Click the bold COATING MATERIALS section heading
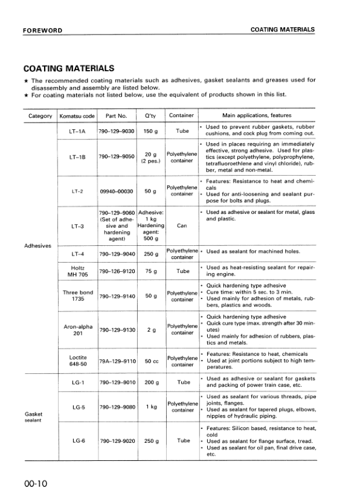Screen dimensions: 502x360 point(67,69)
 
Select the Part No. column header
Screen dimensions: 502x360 point(116,115)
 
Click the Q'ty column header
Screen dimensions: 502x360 point(147,115)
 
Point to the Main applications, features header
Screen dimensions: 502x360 point(257,115)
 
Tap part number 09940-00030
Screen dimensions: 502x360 point(116,191)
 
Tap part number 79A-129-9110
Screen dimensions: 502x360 point(116,361)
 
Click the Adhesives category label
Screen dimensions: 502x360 point(37,246)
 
